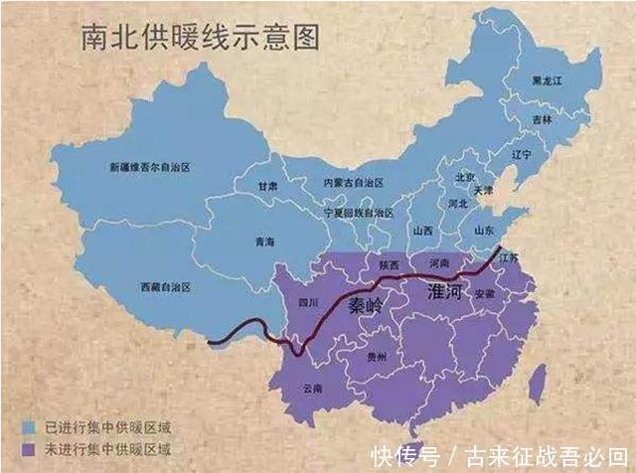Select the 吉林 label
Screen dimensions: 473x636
coord(542,117)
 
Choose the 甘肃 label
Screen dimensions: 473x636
coord(268,186)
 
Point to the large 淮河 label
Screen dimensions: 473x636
coord(447,292)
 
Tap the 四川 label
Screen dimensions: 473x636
coord(309,303)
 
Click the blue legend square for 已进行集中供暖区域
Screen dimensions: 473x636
coord(31,427)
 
